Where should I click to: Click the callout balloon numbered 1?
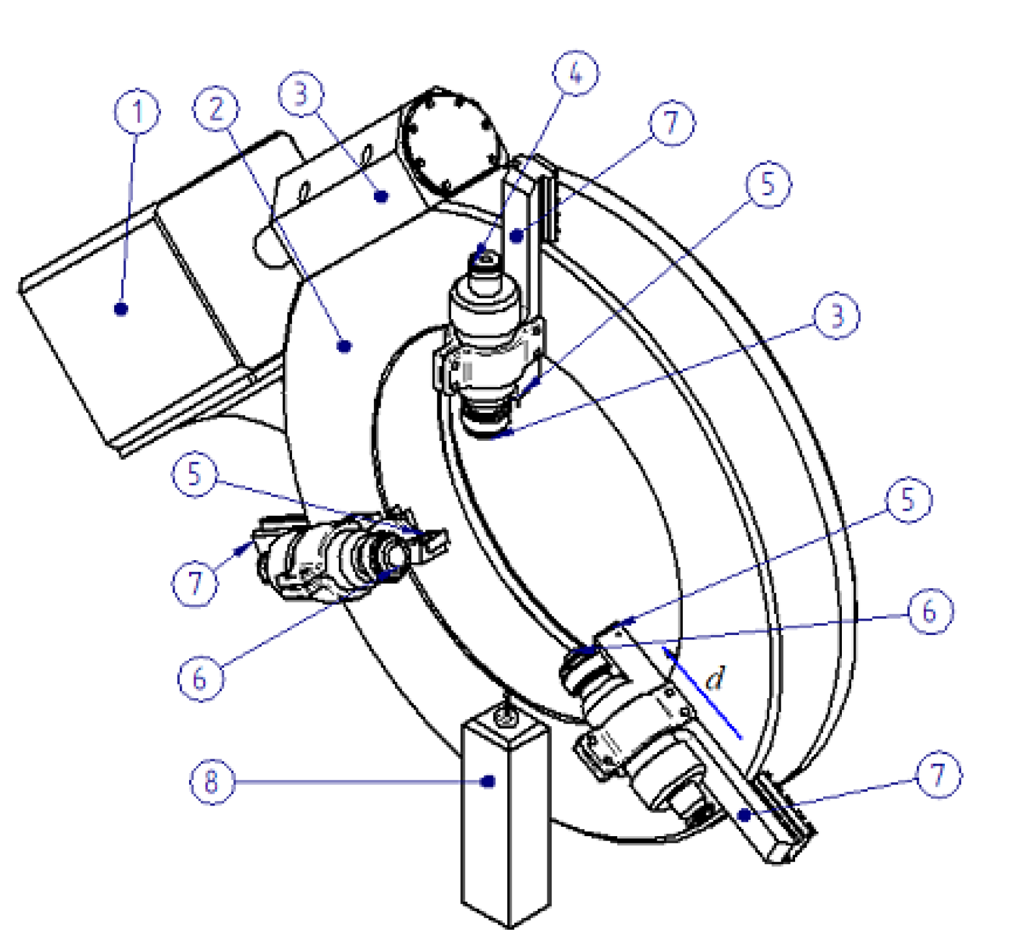(x=137, y=112)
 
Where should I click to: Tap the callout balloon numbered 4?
(x=575, y=73)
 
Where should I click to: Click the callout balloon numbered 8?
(x=212, y=781)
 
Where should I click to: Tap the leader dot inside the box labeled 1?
(x=121, y=309)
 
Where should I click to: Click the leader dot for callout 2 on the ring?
(x=344, y=345)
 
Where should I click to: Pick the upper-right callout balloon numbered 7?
(x=672, y=122)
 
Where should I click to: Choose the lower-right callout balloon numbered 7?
(x=938, y=774)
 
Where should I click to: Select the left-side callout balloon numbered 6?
(x=200, y=678)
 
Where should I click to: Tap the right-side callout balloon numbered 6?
(x=930, y=611)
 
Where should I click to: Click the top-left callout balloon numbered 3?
(x=301, y=94)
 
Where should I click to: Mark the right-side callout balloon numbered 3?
(x=836, y=315)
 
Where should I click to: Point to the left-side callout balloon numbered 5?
(x=195, y=474)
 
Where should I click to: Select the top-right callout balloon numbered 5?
(x=768, y=184)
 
